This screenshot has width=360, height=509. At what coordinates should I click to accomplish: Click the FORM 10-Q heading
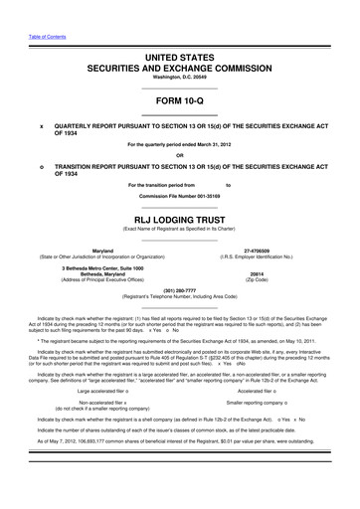(179, 102)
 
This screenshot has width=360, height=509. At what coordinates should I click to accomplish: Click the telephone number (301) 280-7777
(179, 291)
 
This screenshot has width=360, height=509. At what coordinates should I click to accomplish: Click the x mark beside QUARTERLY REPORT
(41, 127)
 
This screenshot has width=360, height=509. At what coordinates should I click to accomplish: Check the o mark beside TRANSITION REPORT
(41, 167)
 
